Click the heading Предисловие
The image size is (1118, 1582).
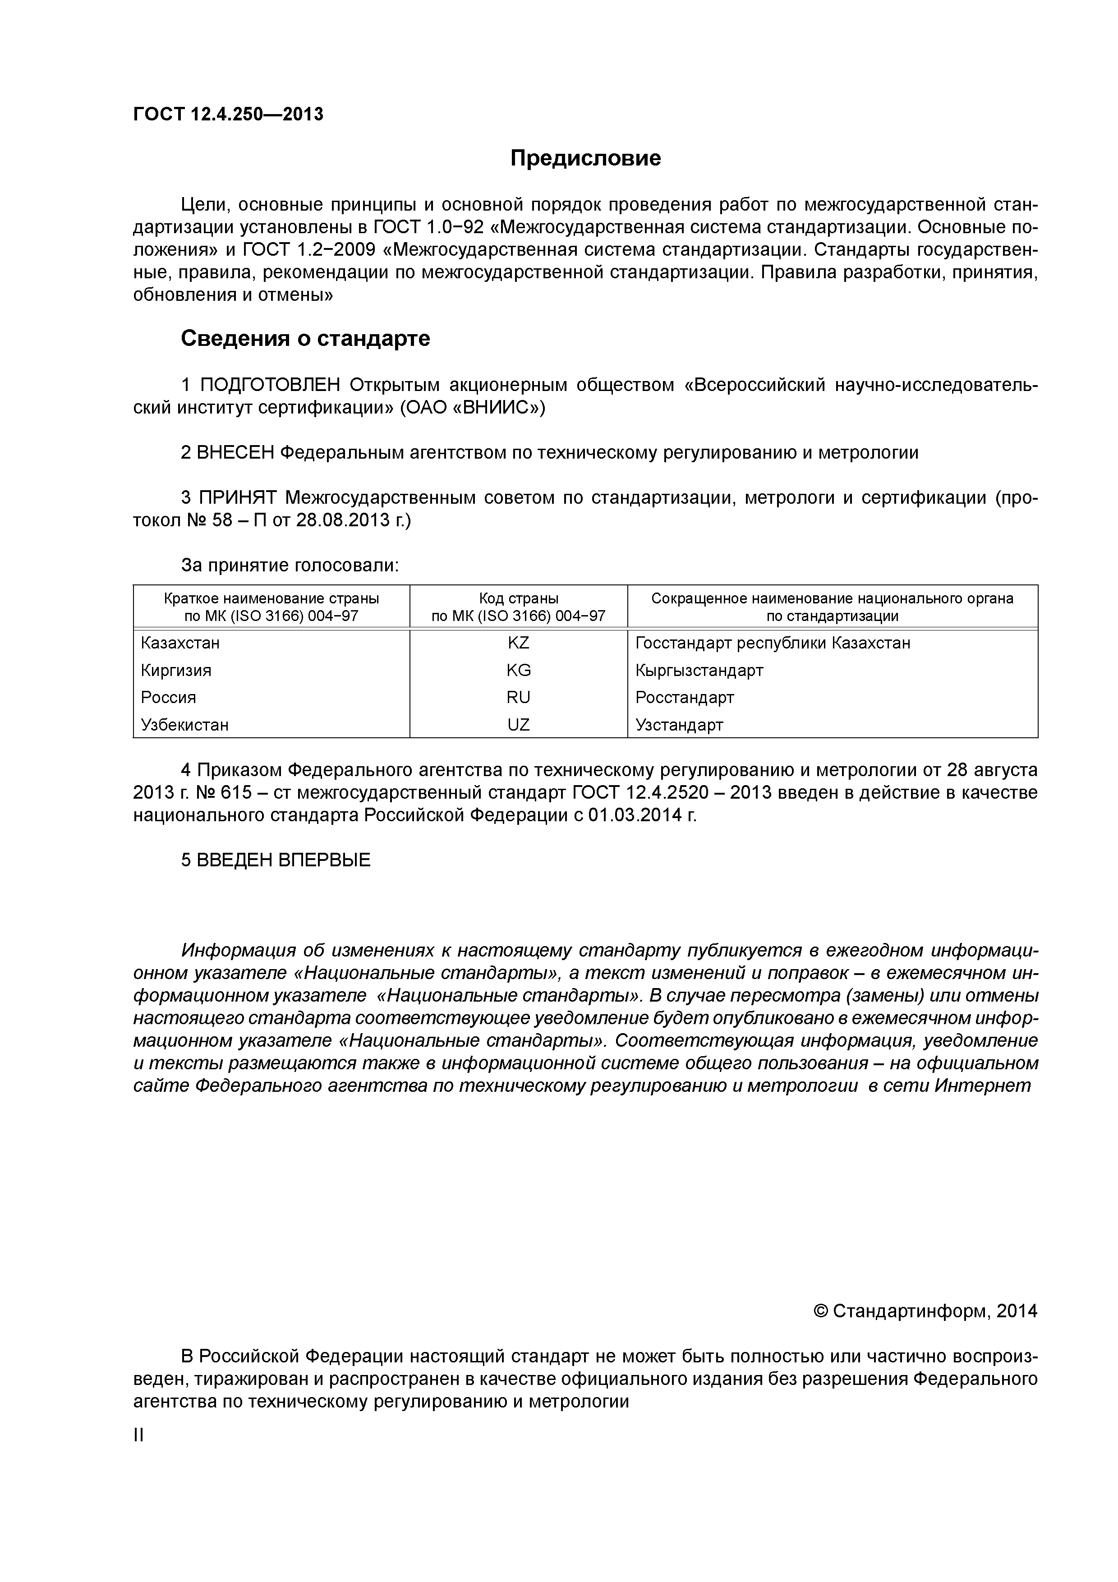(585, 158)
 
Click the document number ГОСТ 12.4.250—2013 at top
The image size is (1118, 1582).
(228, 115)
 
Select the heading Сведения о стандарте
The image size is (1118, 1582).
(305, 338)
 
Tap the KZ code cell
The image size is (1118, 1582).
(518, 643)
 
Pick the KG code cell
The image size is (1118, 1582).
(518, 671)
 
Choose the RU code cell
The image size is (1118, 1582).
(518, 697)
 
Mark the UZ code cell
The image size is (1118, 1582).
(518, 725)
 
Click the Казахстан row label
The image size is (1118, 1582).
(180, 643)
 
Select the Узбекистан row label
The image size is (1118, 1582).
(184, 725)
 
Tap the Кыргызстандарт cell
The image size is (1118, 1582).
(699, 671)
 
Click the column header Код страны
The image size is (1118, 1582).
(518, 598)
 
